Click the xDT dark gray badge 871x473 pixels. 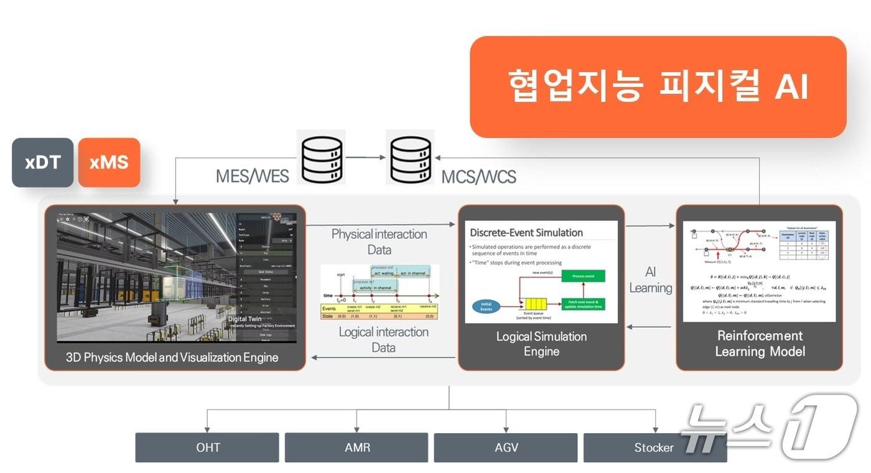point(43,162)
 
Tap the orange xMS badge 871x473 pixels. point(109,162)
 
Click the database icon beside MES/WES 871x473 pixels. point(321,157)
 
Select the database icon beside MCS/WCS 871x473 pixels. point(410,157)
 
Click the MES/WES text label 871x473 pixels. point(252,176)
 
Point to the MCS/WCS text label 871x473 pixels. point(478,177)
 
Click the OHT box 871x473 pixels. point(207,447)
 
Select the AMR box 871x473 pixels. point(356,447)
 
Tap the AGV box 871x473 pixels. point(505,447)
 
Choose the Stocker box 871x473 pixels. point(654,447)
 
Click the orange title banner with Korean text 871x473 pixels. point(658,87)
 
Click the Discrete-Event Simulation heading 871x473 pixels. point(526,233)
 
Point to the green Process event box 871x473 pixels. point(582,276)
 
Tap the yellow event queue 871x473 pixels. point(535,304)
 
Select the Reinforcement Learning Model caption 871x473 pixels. point(760,344)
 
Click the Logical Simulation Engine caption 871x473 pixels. point(541,344)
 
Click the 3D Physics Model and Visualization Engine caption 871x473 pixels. point(172,357)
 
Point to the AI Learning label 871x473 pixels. point(651,280)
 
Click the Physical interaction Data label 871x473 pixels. point(379,241)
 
